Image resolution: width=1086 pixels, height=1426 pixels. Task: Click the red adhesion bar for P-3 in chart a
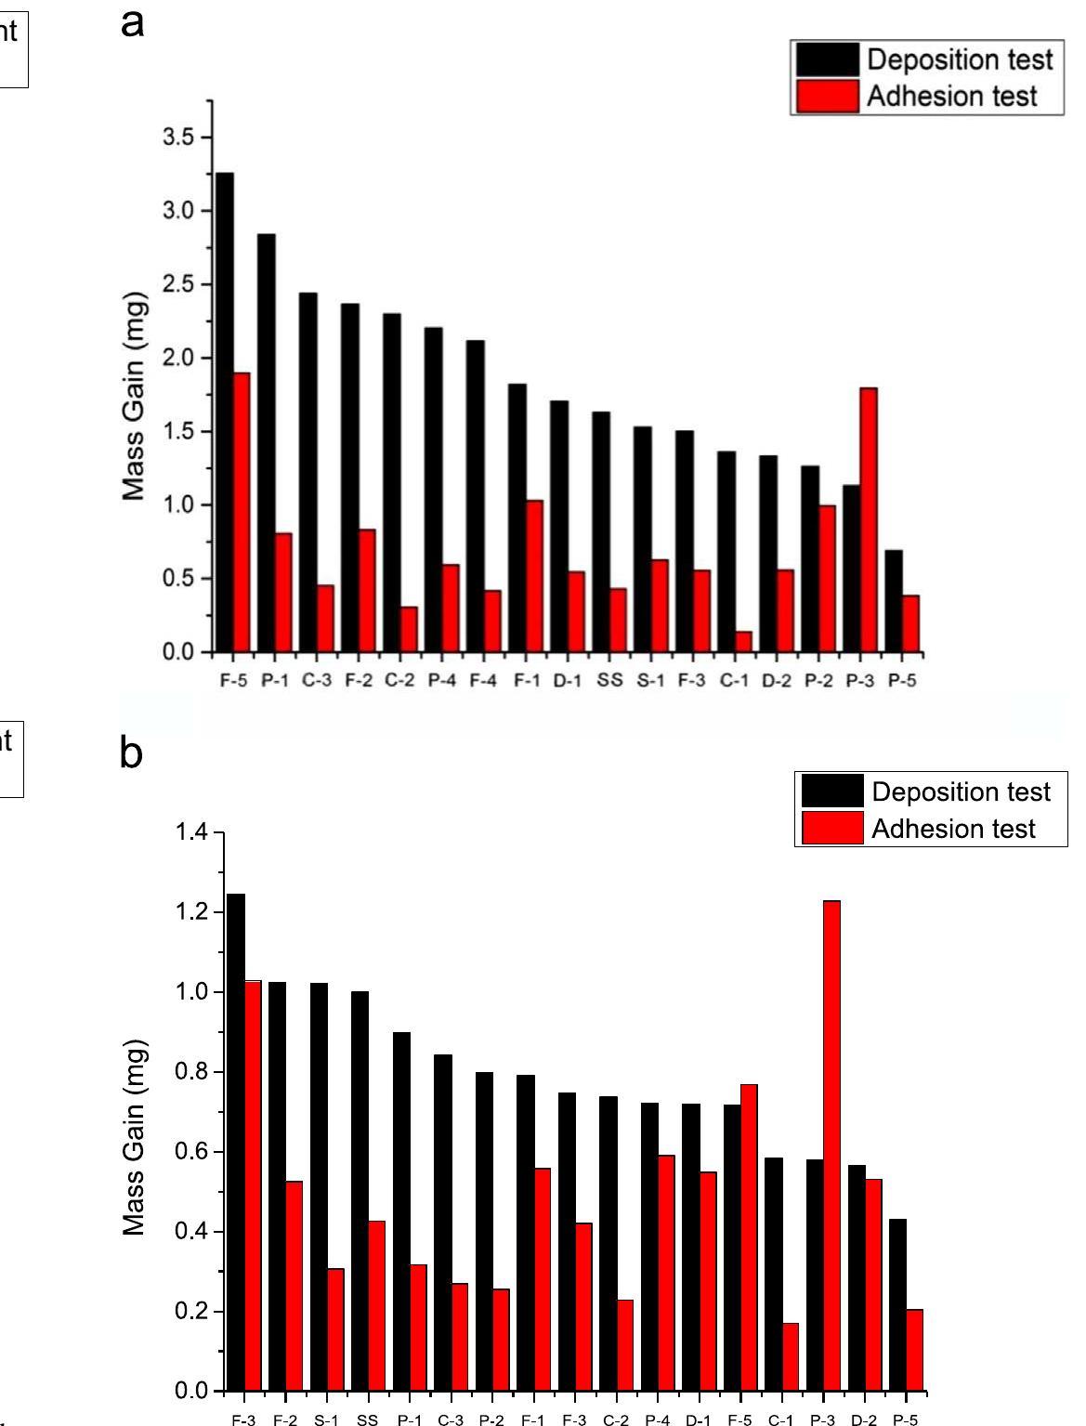869,520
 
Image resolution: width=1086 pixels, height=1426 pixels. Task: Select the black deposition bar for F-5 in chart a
224,412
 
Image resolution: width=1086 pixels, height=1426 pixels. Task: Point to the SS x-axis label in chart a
609,681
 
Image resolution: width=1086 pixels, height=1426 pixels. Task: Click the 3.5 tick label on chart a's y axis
181,137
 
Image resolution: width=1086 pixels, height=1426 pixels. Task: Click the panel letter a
133,22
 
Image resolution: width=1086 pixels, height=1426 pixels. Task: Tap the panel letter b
131,753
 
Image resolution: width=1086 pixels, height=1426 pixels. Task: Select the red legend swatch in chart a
827,97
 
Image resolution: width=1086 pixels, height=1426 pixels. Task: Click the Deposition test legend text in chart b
961,791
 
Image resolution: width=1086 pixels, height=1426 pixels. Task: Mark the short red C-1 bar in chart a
743,642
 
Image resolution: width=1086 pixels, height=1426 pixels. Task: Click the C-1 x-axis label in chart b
780,1419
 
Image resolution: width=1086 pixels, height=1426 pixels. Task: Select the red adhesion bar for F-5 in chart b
749,1237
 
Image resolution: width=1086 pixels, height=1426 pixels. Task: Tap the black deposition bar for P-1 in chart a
266,443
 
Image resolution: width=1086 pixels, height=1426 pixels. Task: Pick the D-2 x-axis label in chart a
777,681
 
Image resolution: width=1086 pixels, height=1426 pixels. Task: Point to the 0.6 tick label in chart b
193,1152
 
